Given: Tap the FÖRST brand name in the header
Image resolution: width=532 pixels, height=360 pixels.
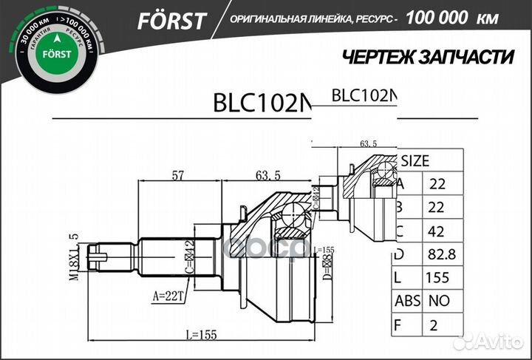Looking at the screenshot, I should (171, 21).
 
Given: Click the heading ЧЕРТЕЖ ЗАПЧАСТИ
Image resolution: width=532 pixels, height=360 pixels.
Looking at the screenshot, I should (429, 57).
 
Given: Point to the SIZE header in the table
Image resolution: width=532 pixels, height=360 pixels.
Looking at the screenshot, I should (415, 160).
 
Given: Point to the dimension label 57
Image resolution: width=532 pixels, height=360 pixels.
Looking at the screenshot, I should (178, 175).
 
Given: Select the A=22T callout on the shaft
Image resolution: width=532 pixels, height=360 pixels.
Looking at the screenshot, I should (168, 296).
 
